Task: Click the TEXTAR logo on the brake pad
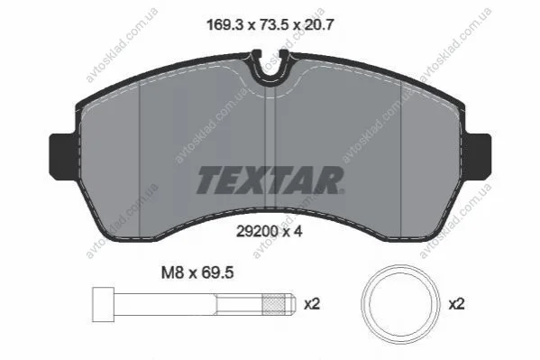click(x=270, y=180)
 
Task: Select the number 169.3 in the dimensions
click(x=224, y=25)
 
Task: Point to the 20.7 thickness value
click(x=317, y=25)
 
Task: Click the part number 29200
click(x=257, y=231)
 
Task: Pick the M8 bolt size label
click(x=172, y=272)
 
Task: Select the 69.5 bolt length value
click(x=216, y=272)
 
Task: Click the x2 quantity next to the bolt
click(x=312, y=304)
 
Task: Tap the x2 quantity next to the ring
click(x=457, y=304)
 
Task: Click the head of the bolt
click(x=103, y=304)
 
